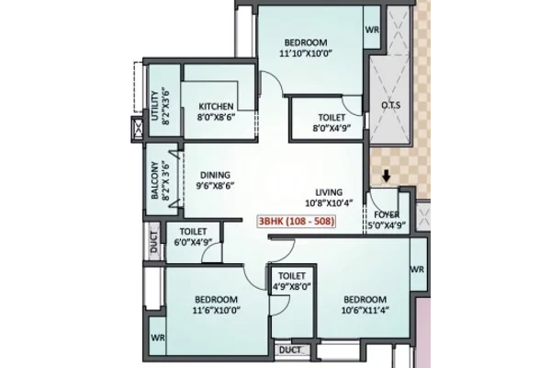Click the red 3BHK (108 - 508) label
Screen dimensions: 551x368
click(297, 222)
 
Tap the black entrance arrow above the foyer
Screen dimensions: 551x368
click(387, 176)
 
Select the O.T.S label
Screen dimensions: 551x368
click(390, 105)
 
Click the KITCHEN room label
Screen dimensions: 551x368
click(216, 107)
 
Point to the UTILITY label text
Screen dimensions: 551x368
click(154, 106)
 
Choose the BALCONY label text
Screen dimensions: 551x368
click(154, 180)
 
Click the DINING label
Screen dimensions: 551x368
click(215, 175)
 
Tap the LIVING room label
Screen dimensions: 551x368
click(329, 192)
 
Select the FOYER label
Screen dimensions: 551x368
click(387, 214)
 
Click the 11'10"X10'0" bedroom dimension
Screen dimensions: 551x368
click(306, 53)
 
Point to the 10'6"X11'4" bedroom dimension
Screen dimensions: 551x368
click(365, 310)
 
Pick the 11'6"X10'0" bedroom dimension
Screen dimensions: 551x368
click(216, 310)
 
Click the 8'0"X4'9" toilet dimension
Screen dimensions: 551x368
click(332, 128)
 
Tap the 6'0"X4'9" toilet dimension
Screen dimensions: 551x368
click(193, 242)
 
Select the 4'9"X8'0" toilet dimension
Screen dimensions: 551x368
click(292, 286)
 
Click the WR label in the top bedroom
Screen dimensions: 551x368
click(372, 29)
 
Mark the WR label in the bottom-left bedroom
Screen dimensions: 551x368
click(158, 338)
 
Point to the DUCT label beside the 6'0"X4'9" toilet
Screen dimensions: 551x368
click(154, 242)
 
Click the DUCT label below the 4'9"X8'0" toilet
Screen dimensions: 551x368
click(290, 350)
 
